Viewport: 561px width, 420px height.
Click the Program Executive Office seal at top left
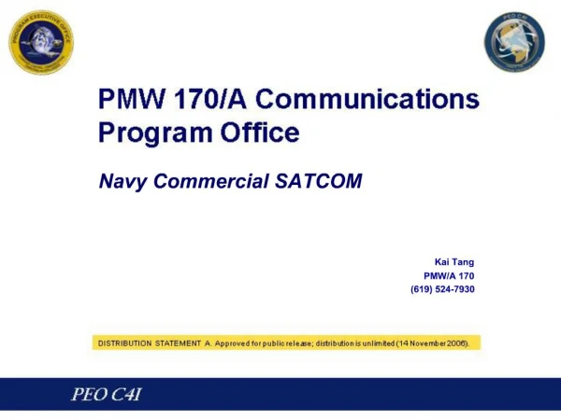41,42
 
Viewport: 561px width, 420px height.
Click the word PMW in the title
135,100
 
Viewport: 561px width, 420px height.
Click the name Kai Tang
454,261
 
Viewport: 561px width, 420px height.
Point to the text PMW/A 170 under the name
449,275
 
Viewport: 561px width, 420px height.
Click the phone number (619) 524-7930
442,289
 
